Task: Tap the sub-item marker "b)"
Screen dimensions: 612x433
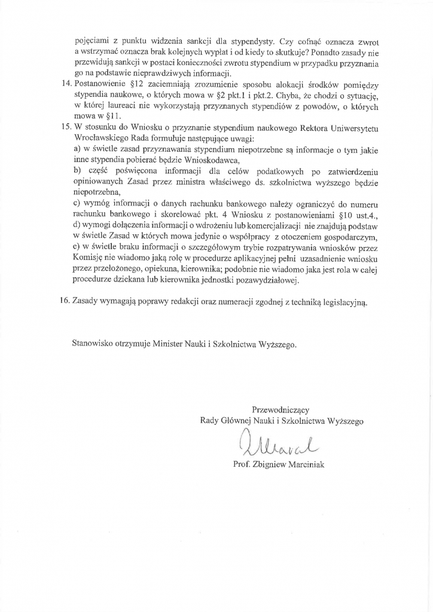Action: coord(77,172)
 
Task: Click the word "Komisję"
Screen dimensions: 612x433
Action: coord(89,258)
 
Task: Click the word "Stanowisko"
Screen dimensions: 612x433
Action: coord(94,345)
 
